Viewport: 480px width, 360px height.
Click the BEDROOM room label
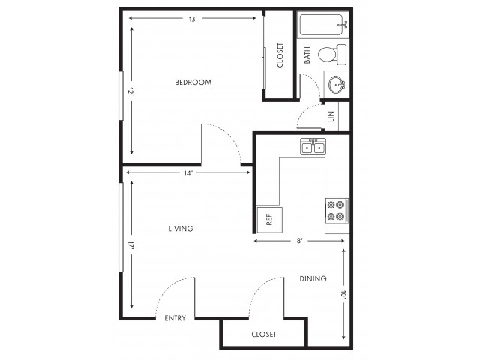click(x=193, y=82)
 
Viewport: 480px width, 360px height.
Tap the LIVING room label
click(x=181, y=228)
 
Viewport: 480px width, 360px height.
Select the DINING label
click(x=313, y=278)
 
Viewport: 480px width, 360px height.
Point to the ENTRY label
click(x=175, y=318)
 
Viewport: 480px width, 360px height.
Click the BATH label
click(x=307, y=55)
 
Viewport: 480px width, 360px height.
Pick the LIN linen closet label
click(x=331, y=116)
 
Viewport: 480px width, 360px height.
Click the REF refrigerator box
click(x=269, y=220)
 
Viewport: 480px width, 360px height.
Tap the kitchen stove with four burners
click(x=337, y=211)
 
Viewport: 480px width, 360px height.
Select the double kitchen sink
click(x=313, y=147)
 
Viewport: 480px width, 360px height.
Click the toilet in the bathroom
click(x=332, y=55)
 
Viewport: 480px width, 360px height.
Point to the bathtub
click(x=324, y=25)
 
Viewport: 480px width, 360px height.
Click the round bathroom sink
click(x=337, y=84)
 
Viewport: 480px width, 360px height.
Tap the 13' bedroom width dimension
click(x=192, y=18)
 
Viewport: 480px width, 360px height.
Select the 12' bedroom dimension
click(x=132, y=91)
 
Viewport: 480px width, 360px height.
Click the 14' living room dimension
click(x=188, y=172)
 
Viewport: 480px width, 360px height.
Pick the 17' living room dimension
click(x=132, y=245)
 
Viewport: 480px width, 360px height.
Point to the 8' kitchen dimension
click(x=299, y=241)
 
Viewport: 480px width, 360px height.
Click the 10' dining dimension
click(x=343, y=294)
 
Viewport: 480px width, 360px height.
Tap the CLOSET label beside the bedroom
click(x=280, y=55)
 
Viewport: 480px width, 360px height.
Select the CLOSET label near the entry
click(x=264, y=334)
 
